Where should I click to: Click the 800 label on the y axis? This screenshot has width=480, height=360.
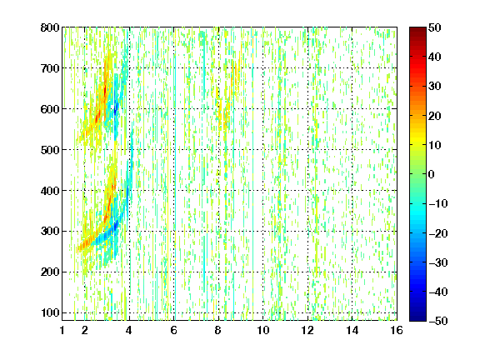(x=50, y=27)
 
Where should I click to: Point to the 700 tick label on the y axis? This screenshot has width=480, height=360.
(x=50, y=68)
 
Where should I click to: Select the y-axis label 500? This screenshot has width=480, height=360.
(x=50, y=150)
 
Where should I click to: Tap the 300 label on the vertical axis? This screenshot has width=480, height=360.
(x=50, y=232)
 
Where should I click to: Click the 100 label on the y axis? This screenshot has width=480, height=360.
(x=50, y=312)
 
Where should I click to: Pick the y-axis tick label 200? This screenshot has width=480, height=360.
(x=50, y=272)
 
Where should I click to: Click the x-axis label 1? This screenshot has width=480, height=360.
(x=62, y=330)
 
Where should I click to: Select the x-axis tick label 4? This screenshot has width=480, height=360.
(x=129, y=330)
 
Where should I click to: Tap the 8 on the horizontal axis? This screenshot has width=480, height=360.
(x=218, y=330)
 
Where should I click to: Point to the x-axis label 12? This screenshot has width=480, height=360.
(x=307, y=330)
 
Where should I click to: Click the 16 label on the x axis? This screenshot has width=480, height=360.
(x=397, y=330)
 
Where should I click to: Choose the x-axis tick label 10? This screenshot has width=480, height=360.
(x=263, y=330)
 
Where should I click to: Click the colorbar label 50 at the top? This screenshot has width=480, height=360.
(x=434, y=27)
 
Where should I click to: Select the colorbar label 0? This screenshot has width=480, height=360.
(x=432, y=174)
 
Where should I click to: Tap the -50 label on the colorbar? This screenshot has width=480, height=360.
(x=437, y=321)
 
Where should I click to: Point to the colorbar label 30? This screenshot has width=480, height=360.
(x=434, y=87)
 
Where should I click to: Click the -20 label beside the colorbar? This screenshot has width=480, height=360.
(x=437, y=233)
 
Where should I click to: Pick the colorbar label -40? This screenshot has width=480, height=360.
(x=437, y=292)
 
